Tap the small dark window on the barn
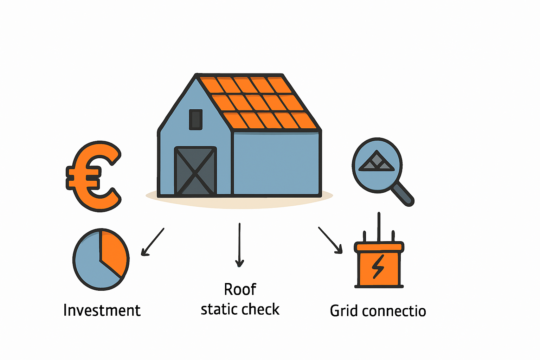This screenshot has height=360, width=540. click(196, 120)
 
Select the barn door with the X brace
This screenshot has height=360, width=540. click(195, 171)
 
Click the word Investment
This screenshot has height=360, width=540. click(102, 310)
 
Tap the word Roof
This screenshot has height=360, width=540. click(240, 290)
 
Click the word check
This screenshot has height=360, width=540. click(261, 309)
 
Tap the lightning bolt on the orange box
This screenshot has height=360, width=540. click(378, 266)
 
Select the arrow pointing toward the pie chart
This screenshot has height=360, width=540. click(152, 242)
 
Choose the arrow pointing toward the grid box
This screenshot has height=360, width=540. click(330, 240)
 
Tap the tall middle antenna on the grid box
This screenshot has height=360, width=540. click(379, 227)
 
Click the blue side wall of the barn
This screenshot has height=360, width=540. click(276, 163)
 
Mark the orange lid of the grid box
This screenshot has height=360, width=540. click(379, 247)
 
